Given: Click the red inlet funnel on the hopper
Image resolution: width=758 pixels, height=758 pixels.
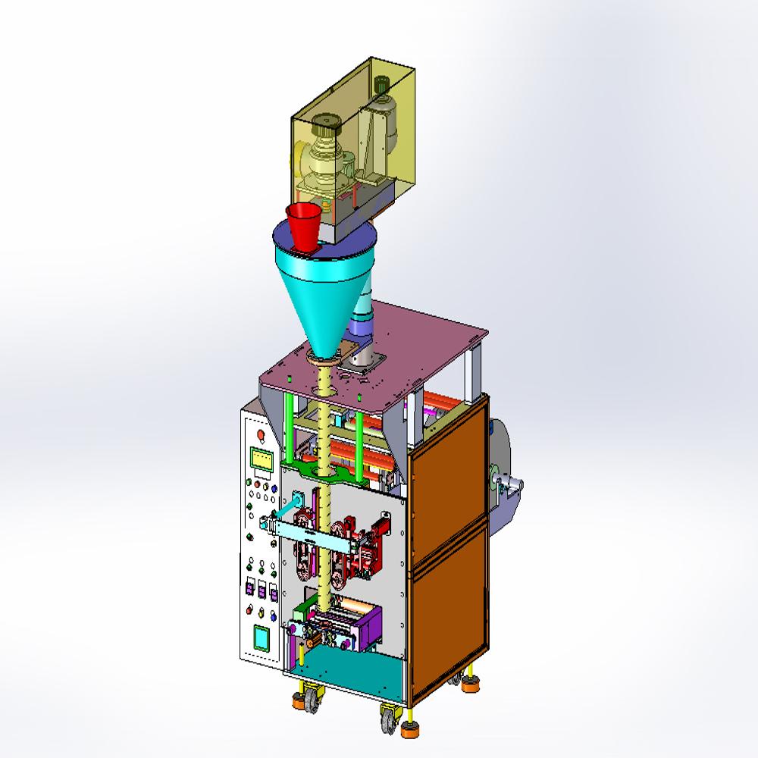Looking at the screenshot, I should click(x=305, y=225).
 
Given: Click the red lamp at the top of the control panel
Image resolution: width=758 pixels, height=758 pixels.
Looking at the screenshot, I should click(x=262, y=434).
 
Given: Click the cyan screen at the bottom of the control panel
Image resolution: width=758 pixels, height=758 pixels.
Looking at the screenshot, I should click(x=262, y=637).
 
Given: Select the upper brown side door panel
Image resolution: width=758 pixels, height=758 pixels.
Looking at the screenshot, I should click(x=447, y=485).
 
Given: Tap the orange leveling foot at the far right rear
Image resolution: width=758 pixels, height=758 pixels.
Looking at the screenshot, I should click(x=471, y=684).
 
